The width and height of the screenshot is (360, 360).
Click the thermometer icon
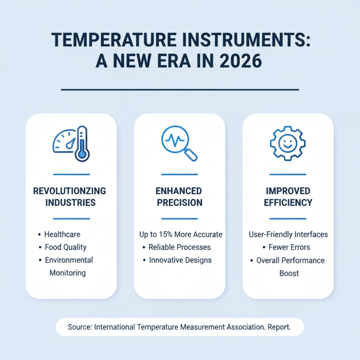pos(81,143)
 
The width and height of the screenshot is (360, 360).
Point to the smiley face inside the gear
pos(288,143)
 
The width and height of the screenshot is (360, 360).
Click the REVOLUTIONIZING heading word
pos(70,191)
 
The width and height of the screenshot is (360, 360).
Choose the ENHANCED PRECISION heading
pos(179,197)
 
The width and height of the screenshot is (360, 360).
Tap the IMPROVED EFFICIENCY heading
pos(288,197)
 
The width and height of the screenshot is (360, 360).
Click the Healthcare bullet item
pos(62,234)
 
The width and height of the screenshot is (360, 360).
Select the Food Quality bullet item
pos(66,247)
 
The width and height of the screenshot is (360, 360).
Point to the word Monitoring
pos(68,273)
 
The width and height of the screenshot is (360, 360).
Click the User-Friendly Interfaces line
pos(288,234)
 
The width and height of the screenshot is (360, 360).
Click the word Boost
pos(289,273)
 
